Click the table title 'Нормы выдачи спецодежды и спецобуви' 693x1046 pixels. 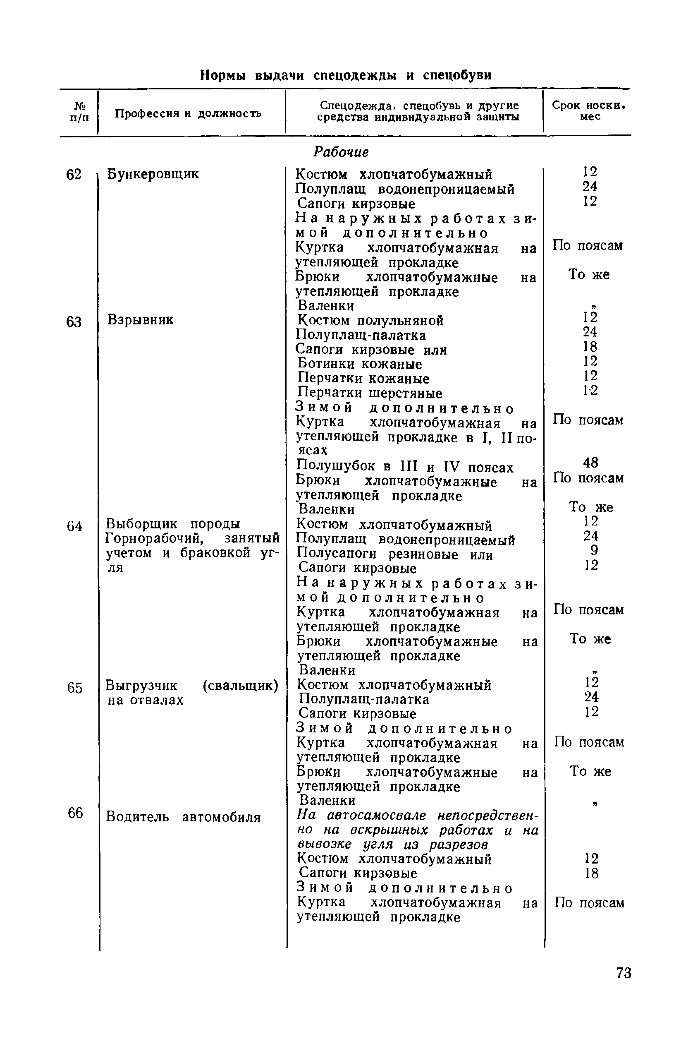pos(346,75)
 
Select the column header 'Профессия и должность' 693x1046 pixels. pos(188,114)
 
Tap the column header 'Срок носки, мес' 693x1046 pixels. pos(589,110)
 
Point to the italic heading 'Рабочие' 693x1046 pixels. pos(341,152)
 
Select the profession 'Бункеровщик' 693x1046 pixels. pos(153,174)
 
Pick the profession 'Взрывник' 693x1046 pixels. pos(140,319)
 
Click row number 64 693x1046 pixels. pos(74,526)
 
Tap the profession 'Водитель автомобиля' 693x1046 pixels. pos(184,817)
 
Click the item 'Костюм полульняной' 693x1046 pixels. pos(370,320)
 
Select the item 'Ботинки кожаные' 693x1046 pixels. pos(360,364)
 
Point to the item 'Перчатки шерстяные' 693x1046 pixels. pos(370,393)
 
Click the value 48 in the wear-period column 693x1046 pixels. pos(590,463)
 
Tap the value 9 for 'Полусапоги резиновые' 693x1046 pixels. pos(594,550)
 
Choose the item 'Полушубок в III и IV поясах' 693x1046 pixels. pos(405,467)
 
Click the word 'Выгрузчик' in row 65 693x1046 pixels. pos(141,686)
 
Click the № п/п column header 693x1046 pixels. pos(79,112)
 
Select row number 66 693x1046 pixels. pos(75,812)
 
